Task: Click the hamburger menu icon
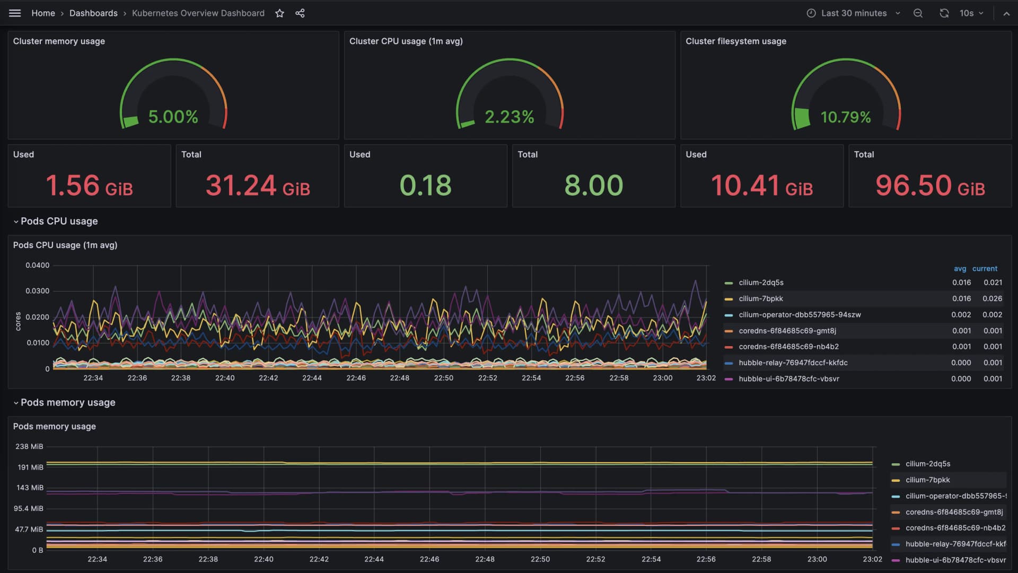pos(15,13)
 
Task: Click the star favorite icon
pos(279,13)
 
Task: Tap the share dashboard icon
pos(300,13)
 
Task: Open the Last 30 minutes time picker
pos(853,13)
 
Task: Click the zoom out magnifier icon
pos(918,13)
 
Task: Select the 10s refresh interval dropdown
pos(971,13)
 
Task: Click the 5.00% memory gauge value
pos(173,117)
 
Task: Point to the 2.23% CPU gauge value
pos(509,117)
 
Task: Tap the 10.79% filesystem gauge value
pos(845,117)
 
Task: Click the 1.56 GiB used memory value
pos(89,186)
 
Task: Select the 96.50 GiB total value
pos(930,186)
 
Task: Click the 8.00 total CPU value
pos(593,186)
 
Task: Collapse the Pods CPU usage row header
pos(58,221)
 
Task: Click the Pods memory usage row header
pos(67,402)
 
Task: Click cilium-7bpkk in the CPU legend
pos(760,298)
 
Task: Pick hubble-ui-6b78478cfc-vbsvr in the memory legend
pos(955,560)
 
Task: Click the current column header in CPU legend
pos(985,269)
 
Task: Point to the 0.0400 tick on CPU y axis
pos(37,265)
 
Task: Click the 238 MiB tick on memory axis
pos(29,446)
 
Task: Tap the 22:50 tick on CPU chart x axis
pos(443,378)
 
